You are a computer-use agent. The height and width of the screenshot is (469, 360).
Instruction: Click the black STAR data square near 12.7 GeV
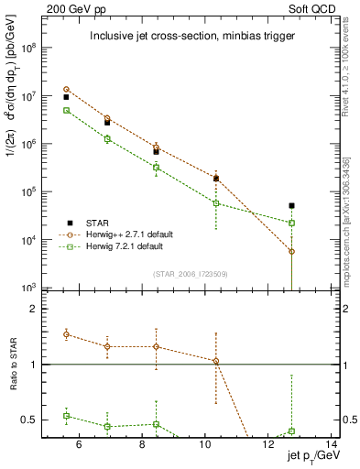coord(291,206)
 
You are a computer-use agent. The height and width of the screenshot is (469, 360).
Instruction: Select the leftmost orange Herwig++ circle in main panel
coord(66,90)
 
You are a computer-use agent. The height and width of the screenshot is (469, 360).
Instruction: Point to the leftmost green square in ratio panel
coord(66,416)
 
